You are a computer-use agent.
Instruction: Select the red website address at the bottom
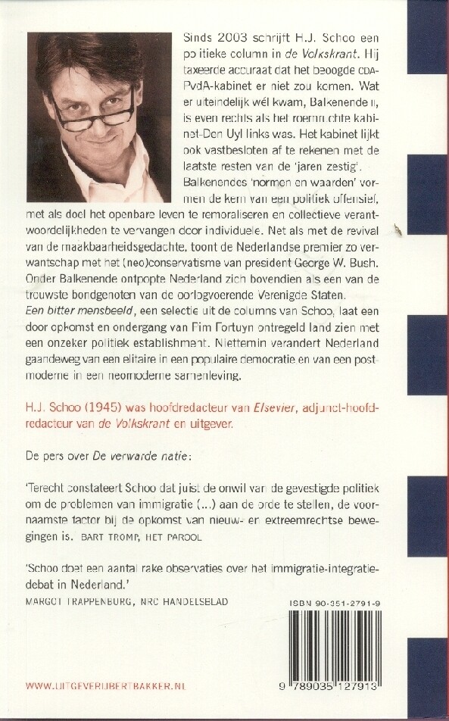point(107,686)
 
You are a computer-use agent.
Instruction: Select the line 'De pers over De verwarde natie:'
point(99,456)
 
